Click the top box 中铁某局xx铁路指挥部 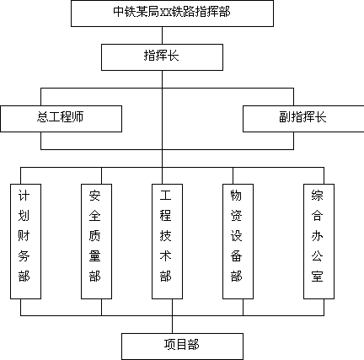pyautogui.click(x=172, y=13)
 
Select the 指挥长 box pyautogui.click(x=162, y=57)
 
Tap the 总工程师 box pyautogui.click(x=61, y=119)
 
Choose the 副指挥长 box pyautogui.click(x=303, y=119)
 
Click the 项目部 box pyautogui.click(x=182, y=347)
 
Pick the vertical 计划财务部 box pyautogui.click(x=25, y=241)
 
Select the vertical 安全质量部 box pyautogui.click(x=96, y=241)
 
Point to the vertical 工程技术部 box pyautogui.click(x=167, y=241)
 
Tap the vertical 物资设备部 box pyautogui.click(x=238, y=241)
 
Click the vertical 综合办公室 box pyautogui.click(x=318, y=241)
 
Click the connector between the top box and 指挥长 pyautogui.click(x=162, y=35)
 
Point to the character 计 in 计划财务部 pyautogui.click(x=24, y=196)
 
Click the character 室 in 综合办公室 pyautogui.click(x=317, y=277)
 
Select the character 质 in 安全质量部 pyautogui.click(x=94, y=236)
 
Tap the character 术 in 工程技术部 pyautogui.click(x=165, y=256)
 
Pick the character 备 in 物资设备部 pyautogui.click(x=236, y=256)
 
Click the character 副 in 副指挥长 pyautogui.click(x=285, y=117)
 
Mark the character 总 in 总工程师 pyautogui.click(x=43, y=117)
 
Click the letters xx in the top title pyautogui.click(x=166, y=13)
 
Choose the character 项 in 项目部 pyautogui.click(x=170, y=345)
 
